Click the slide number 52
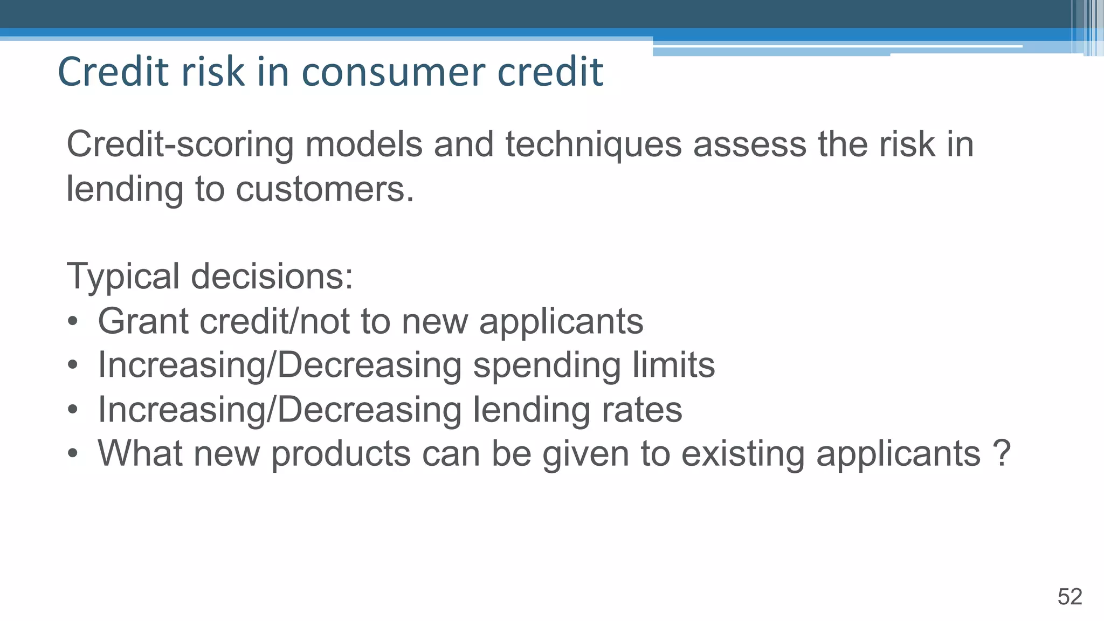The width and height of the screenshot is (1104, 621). click(1069, 597)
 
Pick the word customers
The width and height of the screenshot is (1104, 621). click(325, 190)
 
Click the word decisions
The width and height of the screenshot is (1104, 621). click(272, 276)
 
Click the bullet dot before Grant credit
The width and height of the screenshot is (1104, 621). click(73, 322)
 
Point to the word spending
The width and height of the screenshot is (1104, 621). click(547, 366)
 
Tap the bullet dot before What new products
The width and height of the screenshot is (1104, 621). click(73, 454)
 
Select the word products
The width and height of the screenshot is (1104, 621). click(341, 454)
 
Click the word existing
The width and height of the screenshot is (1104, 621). click(743, 454)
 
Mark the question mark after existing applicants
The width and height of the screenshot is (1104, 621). click(1001, 453)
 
